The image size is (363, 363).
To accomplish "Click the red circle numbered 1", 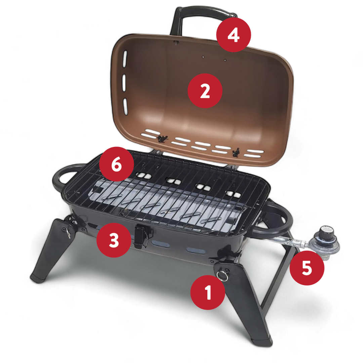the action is pos(208,292).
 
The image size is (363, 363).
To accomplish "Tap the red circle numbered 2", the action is pos(205,91).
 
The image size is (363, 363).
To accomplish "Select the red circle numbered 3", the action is pos(114,240).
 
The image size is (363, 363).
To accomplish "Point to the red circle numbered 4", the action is pos(234,35).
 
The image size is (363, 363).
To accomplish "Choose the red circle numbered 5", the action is pos(307,268).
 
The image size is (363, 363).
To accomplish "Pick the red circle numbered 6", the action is pos(116,164).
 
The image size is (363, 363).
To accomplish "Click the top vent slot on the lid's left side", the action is pos(125,59).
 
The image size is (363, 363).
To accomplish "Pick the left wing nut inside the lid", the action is pos(163,139).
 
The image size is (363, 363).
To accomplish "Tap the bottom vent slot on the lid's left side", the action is pos(125,107).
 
